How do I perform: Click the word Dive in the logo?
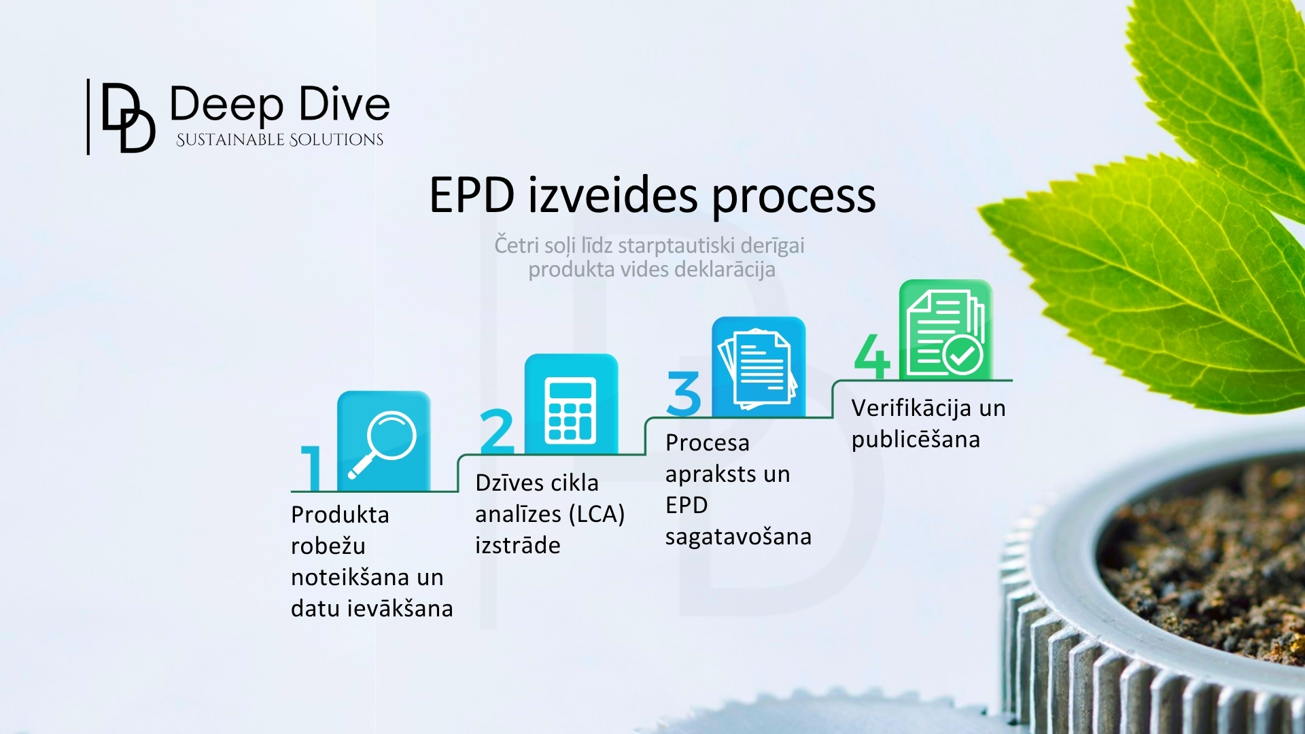click(345, 105)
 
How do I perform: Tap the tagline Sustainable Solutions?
click(279, 140)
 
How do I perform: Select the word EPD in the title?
click(471, 196)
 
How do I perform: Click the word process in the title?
click(793, 197)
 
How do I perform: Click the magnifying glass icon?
click(384, 441)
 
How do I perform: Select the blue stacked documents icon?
click(759, 368)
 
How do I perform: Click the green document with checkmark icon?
click(945, 330)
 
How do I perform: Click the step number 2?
click(497, 431)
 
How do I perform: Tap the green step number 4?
click(872, 356)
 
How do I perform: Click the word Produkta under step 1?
click(340, 515)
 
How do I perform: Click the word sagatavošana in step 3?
click(738, 537)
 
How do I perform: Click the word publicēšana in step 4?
click(916, 440)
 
